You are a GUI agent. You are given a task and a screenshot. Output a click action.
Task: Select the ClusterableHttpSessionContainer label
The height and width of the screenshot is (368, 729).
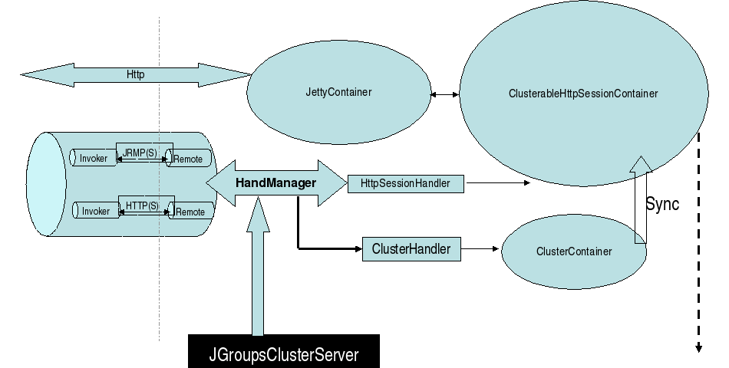point(583,94)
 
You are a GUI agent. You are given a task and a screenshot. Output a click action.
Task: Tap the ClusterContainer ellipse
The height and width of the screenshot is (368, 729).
point(575,251)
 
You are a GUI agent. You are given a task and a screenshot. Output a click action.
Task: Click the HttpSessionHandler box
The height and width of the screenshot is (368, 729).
point(405,184)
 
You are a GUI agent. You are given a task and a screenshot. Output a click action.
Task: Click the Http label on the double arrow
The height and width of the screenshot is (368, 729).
point(136,75)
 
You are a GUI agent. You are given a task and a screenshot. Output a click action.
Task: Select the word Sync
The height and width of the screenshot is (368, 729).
point(662,205)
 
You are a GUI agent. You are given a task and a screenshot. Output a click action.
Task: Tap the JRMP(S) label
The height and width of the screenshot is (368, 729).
point(140,153)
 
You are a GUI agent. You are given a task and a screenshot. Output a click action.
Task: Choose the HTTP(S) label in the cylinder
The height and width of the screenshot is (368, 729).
point(142,206)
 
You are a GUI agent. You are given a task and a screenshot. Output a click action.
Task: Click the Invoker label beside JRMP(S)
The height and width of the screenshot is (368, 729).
point(94,159)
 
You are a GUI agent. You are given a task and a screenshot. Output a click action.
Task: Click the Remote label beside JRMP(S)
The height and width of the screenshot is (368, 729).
point(189,159)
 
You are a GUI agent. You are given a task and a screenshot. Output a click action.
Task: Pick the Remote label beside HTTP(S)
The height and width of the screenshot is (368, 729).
point(190,212)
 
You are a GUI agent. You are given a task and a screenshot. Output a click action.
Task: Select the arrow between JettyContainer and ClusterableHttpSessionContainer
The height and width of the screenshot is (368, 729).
point(445,94)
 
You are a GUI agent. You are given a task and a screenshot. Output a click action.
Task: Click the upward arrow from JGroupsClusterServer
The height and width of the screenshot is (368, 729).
point(258,276)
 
